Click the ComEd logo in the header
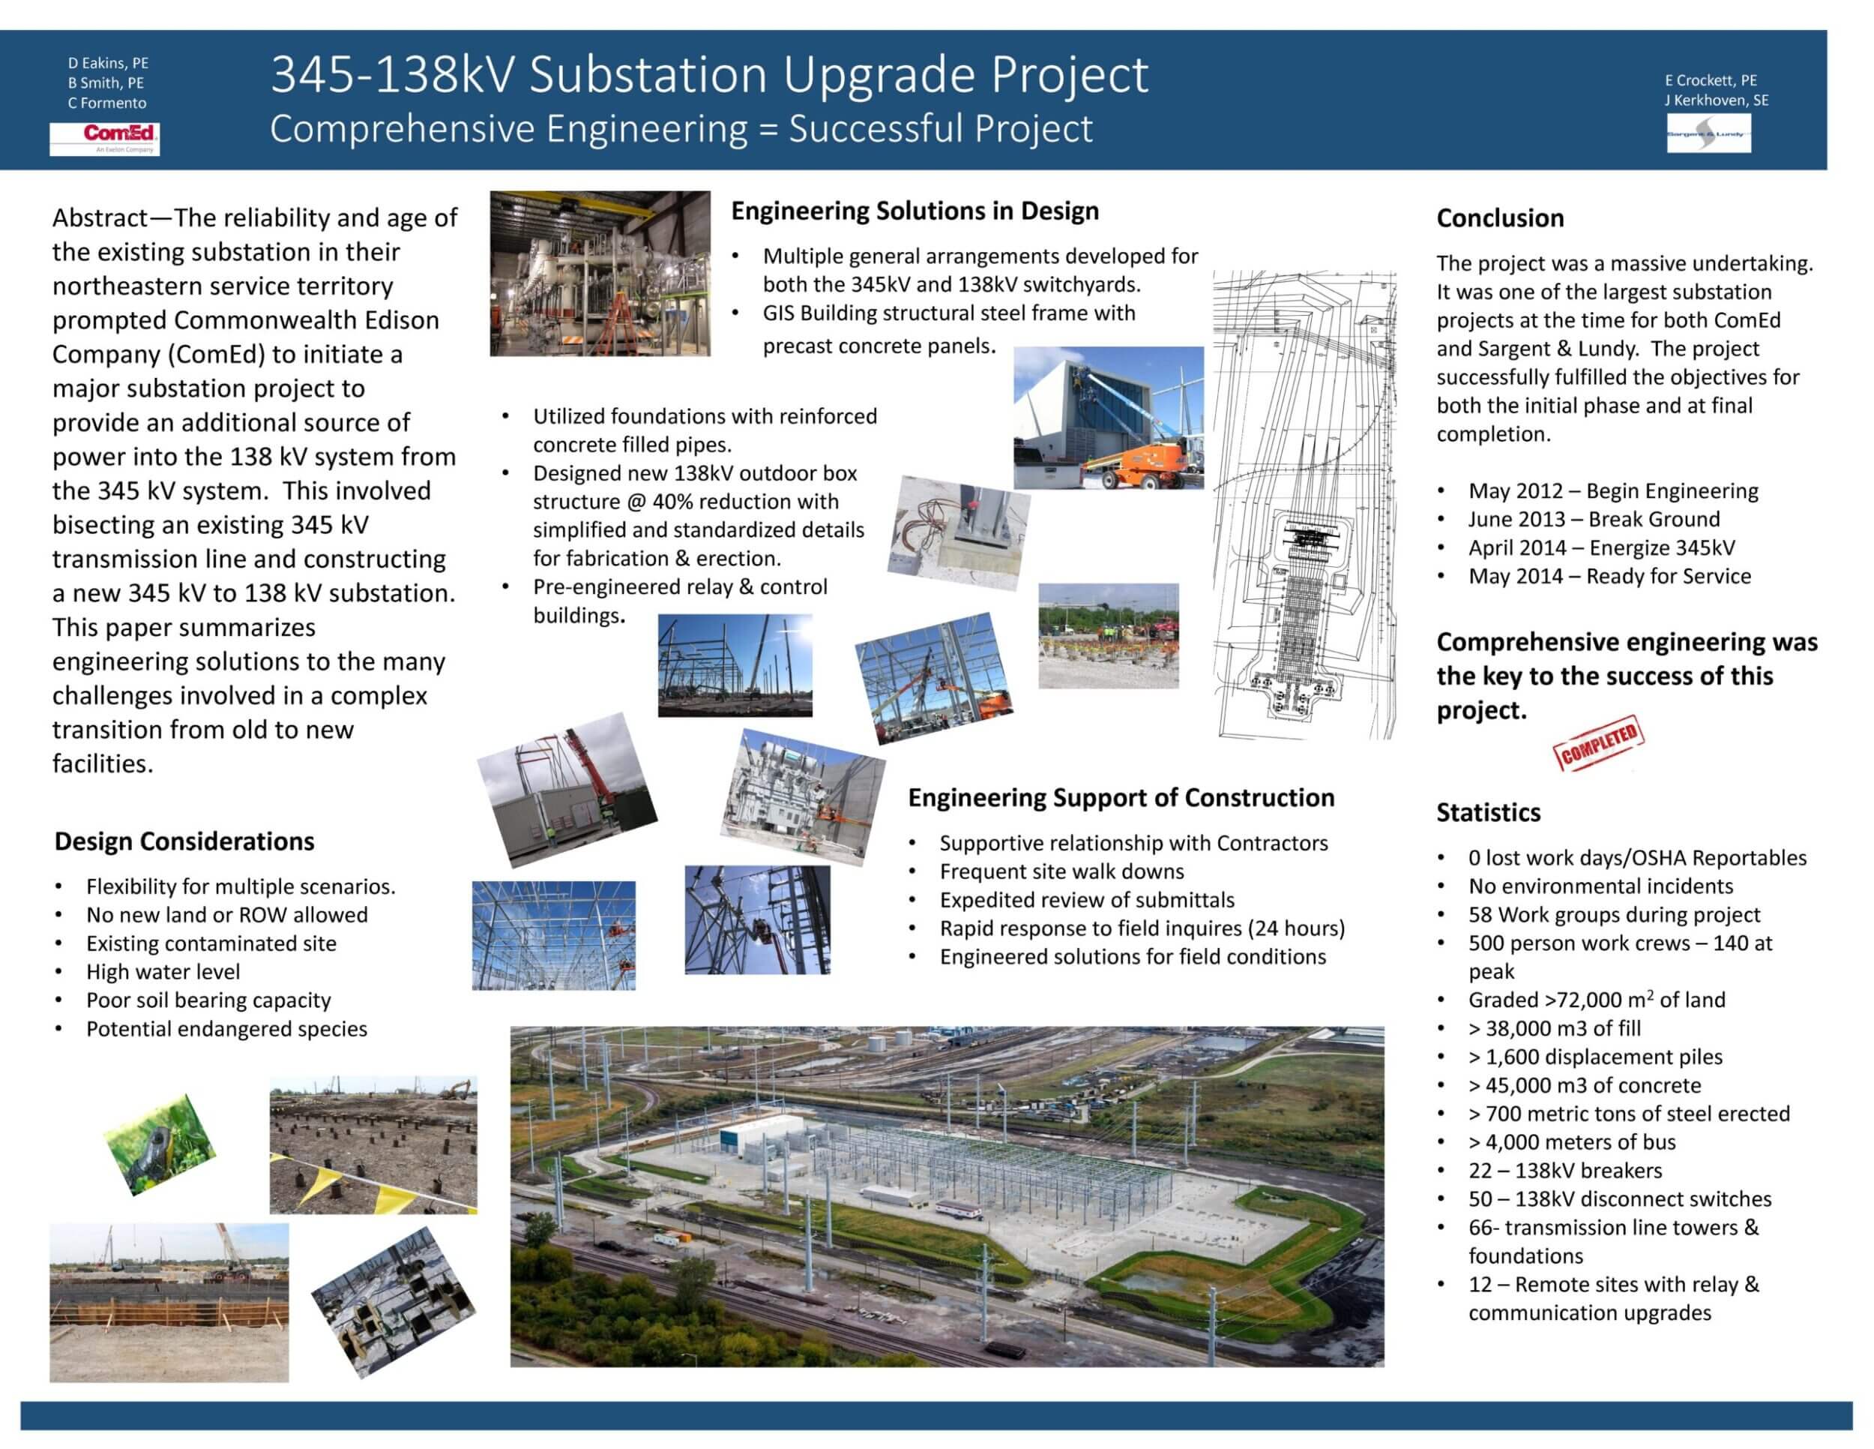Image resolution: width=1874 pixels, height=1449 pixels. pyautogui.click(x=105, y=138)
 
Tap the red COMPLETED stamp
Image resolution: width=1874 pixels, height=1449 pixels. pyautogui.click(x=1599, y=742)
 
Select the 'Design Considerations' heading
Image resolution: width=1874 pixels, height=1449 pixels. pyautogui.click(x=184, y=841)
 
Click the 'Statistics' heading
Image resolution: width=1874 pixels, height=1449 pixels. pyautogui.click(x=1489, y=812)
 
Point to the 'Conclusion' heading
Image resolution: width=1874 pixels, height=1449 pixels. pyautogui.click(x=1500, y=218)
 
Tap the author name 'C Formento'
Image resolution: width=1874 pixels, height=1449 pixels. pyautogui.click(x=107, y=103)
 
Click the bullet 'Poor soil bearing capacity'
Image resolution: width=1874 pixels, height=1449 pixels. pyautogui.click(x=208, y=1000)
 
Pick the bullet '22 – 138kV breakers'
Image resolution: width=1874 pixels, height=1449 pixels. pyautogui.click(x=1565, y=1170)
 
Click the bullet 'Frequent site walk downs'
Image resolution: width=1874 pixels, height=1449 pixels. pyautogui.click(x=1061, y=871)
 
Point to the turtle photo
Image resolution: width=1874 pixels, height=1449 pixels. pyautogui.click(x=160, y=1144)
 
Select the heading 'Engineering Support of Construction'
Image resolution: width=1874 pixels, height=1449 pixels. pyautogui.click(x=1121, y=798)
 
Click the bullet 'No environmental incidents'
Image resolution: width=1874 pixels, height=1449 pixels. pyautogui.click(x=1600, y=886)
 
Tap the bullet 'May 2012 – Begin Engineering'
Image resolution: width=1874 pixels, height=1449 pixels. pyautogui.click(x=1613, y=491)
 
